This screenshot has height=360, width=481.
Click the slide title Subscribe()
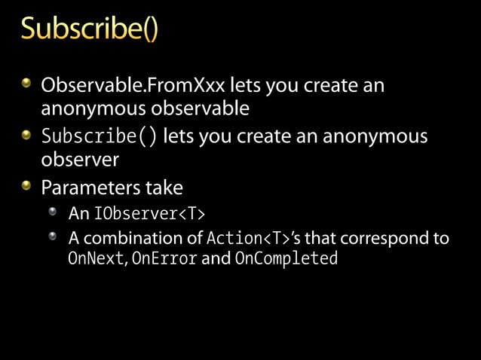90,31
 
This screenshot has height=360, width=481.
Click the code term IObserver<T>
149,214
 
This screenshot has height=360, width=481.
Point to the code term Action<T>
248,239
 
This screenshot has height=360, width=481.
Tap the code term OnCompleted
286,259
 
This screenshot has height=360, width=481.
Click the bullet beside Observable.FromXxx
27,83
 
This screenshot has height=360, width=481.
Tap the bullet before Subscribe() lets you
27,134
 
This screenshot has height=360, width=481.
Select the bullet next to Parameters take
27,184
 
